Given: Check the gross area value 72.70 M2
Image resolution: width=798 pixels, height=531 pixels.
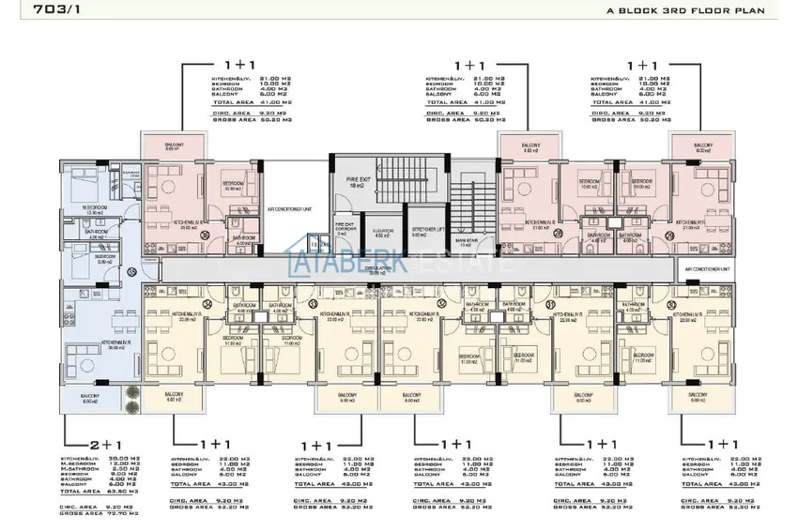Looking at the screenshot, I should pyautogui.click(x=115, y=514).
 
